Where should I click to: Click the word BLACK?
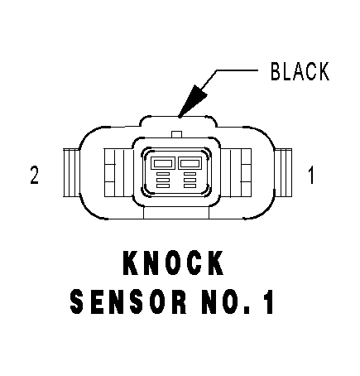point(300,71)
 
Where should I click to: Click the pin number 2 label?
point(34,175)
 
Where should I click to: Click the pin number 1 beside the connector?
point(311,175)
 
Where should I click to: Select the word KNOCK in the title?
point(173,263)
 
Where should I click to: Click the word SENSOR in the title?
point(128,301)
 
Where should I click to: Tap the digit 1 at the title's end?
point(268,301)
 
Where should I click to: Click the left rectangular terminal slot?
point(163,163)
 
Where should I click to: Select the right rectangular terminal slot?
point(190,163)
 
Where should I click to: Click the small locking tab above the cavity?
point(177,134)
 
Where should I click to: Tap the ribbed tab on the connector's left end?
point(71,173)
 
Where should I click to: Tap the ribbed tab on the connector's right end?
point(283,173)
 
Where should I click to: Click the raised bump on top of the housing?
point(178,122)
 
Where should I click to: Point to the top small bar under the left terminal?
point(163,174)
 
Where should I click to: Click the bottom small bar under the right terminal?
point(190,186)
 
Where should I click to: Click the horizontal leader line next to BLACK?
point(238,70)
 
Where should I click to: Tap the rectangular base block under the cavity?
point(176,213)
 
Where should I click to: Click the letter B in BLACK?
point(276,71)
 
